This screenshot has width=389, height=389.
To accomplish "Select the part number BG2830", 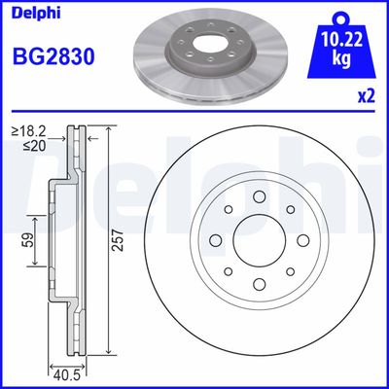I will (53, 56).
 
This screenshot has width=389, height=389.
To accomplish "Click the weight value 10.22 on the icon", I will (337, 41).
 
